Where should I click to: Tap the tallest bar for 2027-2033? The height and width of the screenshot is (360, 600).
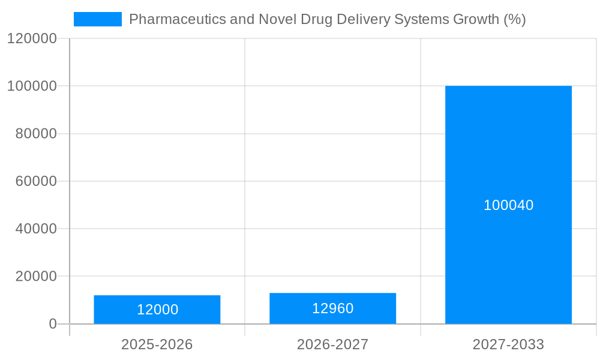(x=508, y=150)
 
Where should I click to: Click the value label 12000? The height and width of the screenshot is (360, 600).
(x=157, y=310)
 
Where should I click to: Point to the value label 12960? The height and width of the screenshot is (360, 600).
(x=332, y=308)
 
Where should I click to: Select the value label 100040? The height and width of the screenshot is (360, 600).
(x=508, y=205)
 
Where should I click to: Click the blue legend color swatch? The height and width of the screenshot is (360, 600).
(x=97, y=19)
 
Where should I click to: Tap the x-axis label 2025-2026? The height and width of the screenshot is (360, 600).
(x=157, y=344)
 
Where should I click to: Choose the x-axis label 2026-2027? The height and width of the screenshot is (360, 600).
(x=332, y=344)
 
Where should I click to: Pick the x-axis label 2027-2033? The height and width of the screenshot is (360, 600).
(x=508, y=344)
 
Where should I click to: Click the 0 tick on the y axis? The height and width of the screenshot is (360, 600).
(x=52, y=324)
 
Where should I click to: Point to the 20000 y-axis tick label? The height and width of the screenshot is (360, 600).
(x=35, y=277)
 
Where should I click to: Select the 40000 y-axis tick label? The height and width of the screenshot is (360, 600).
(x=35, y=229)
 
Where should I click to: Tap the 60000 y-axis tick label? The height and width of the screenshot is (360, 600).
(x=35, y=181)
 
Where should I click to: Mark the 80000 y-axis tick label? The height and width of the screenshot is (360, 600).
(x=35, y=134)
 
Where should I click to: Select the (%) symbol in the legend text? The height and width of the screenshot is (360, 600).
(x=514, y=19)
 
